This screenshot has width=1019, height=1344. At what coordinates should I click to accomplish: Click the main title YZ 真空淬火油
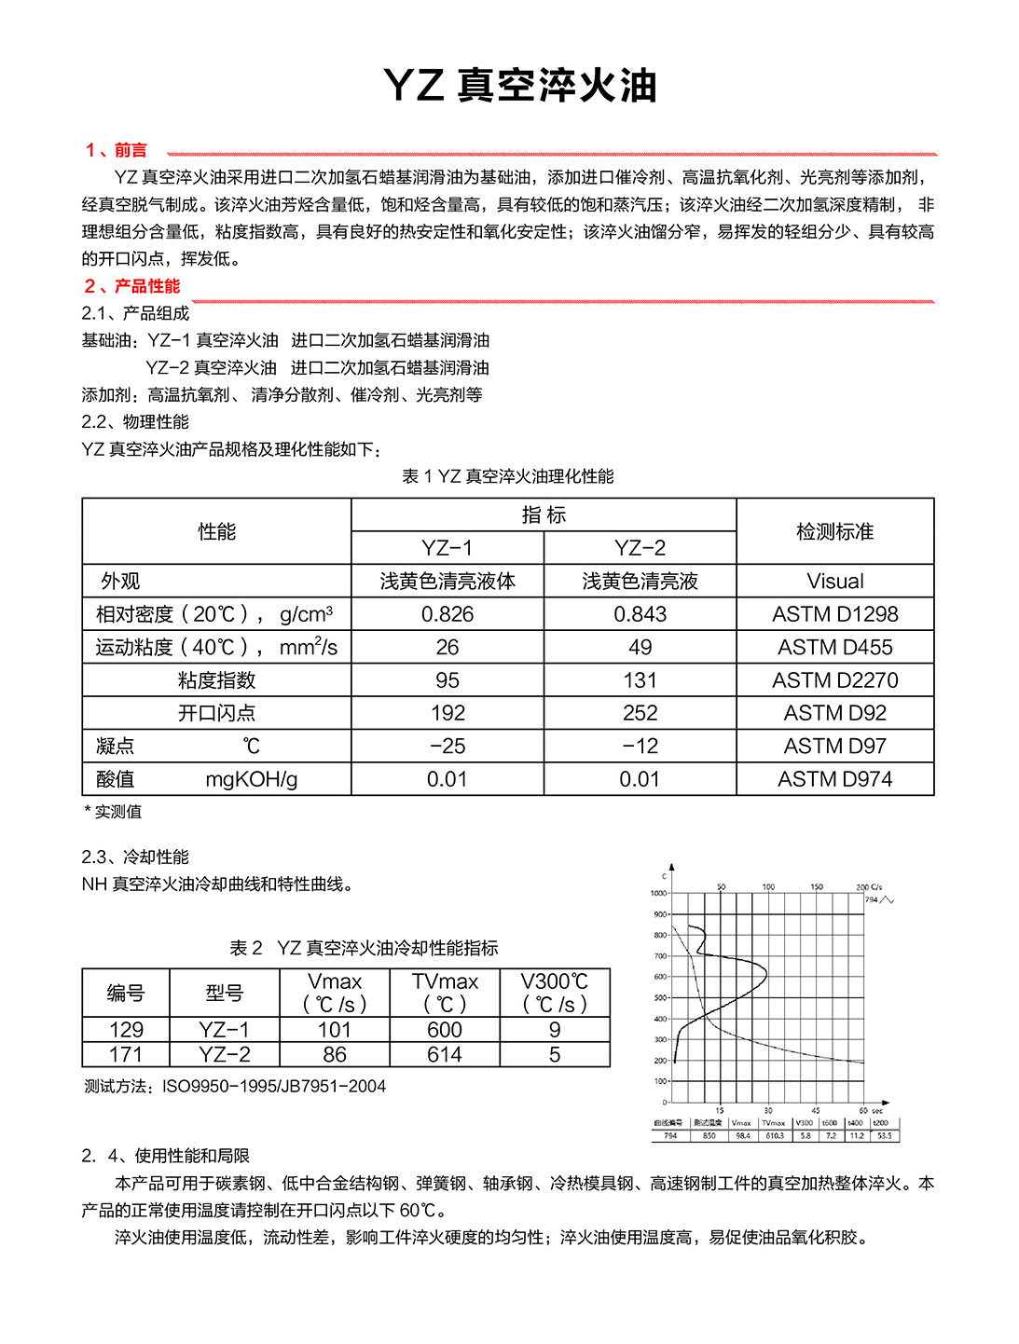[x=520, y=86]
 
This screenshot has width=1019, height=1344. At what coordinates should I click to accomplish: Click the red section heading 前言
[x=130, y=150]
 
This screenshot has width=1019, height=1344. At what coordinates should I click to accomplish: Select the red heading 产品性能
[x=146, y=286]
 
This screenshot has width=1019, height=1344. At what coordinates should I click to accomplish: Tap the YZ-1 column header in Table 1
[x=447, y=548]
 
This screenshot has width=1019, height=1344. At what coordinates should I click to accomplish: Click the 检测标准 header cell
[x=834, y=531]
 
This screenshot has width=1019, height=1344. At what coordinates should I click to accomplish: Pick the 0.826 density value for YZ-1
[x=447, y=614]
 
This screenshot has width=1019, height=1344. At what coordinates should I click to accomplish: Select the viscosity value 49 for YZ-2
[x=640, y=647]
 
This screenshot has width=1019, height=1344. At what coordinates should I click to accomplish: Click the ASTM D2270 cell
[x=834, y=680]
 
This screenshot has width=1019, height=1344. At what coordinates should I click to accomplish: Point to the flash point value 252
[x=640, y=713]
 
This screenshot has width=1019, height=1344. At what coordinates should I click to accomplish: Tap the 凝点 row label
[x=116, y=746]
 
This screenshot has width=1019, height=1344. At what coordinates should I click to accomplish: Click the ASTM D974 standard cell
[x=834, y=779]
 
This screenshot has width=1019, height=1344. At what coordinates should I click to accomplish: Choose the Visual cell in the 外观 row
[x=834, y=582]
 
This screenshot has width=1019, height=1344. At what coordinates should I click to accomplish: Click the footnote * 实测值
[x=114, y=812]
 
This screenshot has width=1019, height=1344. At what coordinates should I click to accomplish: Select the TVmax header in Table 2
[x=445, y=981]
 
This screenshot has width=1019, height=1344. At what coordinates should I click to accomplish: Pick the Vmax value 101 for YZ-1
[x=334, y=1030]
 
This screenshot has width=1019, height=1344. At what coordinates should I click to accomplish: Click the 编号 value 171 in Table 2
[x=126, y=1055]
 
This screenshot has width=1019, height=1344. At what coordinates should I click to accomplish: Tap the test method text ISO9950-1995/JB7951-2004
[x=273, y=1086]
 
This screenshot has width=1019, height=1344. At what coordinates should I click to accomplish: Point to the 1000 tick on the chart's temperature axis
[x=658, y=893]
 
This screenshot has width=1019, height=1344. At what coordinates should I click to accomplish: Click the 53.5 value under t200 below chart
[x=885, y=1136]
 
